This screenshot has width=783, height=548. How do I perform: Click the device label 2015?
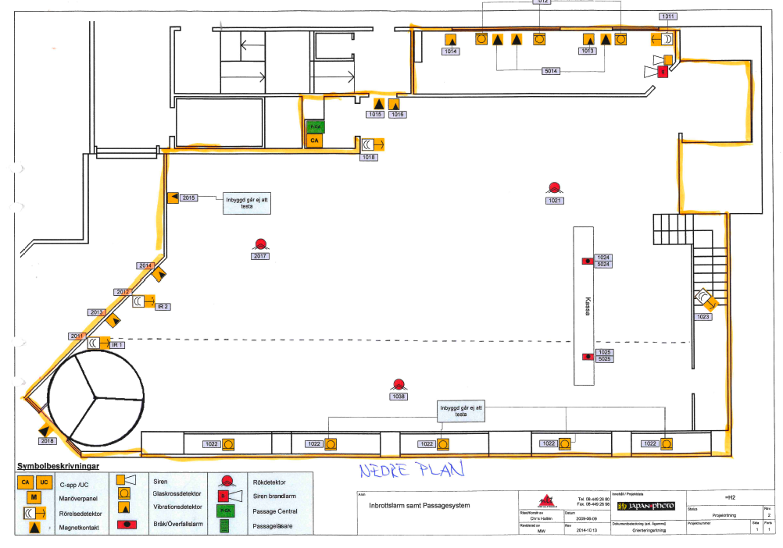click(x=189, y=198)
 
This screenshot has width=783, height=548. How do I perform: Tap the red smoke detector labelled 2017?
click(x=260, y=245)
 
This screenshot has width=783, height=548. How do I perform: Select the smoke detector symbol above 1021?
click(x=555, y=187)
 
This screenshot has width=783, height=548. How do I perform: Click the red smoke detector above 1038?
click(x=399, y=384)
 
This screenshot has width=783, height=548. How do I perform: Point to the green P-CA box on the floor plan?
click(x=314, y=126)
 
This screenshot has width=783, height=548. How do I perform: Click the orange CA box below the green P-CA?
click(x=314, y=141)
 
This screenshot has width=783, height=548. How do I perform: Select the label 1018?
click(x=369, y=158)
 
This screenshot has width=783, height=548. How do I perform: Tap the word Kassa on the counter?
click(x=586, y=304)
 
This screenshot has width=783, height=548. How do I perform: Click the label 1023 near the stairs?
click(x=703, y=317)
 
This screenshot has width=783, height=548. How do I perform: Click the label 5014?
click(x=551, y=71)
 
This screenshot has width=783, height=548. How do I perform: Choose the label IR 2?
click(x=163, y=307)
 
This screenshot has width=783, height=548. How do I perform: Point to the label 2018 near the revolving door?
click(x=48, y=441)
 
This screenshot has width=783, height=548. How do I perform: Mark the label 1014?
click(x=450, y=52)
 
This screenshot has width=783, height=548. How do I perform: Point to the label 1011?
click(x=667, y=16)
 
